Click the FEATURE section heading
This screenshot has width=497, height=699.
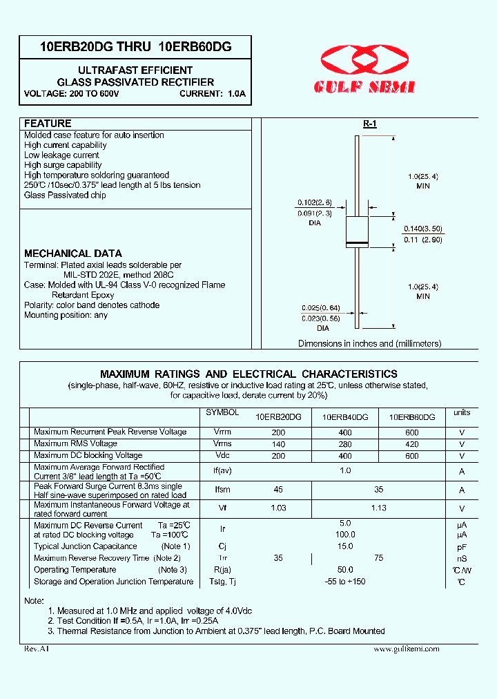[x=48, y=124]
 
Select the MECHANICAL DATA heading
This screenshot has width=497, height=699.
[x=73, y=253]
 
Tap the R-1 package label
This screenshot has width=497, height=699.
[x=370, y=124]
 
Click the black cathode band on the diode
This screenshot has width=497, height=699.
[x=357, y=244]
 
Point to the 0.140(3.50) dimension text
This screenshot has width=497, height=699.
[x=423, y=229]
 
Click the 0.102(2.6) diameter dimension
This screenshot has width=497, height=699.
[x=315, y=202]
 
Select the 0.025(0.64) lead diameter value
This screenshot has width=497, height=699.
[x=320, y=308]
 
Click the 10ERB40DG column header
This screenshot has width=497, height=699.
[x=345, y=417]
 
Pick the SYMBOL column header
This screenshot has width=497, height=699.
[x=222, y=412]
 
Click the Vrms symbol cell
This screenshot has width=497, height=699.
[x=222, y=444]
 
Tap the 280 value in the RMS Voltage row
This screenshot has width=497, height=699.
[x=345, y=444]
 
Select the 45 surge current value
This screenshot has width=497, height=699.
[x=278, y=490]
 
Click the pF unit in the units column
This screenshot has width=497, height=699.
[x=462, y=546]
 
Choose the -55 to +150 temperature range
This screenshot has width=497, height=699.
[x=345, y=582]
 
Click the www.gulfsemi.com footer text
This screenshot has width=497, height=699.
[x=406, y=649]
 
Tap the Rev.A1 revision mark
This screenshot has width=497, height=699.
[x=37, y=649]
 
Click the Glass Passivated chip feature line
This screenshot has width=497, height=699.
[x=65, y=195]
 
